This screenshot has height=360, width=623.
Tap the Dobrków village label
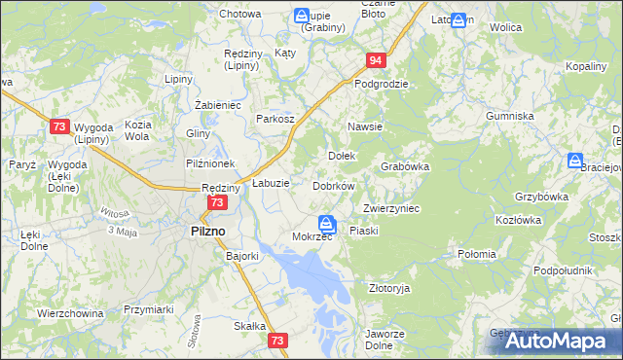pyautogui.click(x=334, y=185)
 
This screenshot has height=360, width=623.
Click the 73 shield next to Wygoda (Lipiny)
pyautogui.click(x=59, y=126)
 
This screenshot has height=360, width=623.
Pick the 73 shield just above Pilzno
pyautogui.click(x=216, y=202)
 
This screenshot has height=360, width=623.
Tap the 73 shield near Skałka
pyautogui.click(x=279, y=341)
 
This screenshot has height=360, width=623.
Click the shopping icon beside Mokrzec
pyautogui.click(x=328, y=224)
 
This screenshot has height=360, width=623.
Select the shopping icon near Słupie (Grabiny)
pyautogui.click(x=302, y=16)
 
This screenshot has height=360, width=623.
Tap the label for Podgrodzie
pyautogui.click(x=381, y=84)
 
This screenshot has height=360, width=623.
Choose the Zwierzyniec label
pyautogui.click(x=390, y=208)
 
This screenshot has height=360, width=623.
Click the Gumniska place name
pyautogui.click(x=511, y=116)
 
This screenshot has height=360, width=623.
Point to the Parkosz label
pyautogui.click(x=275, y=119)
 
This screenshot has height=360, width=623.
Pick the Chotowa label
pyautogui.click(x=239, y=14)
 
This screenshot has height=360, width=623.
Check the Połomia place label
pyautogui.click(x=477, y=254)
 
